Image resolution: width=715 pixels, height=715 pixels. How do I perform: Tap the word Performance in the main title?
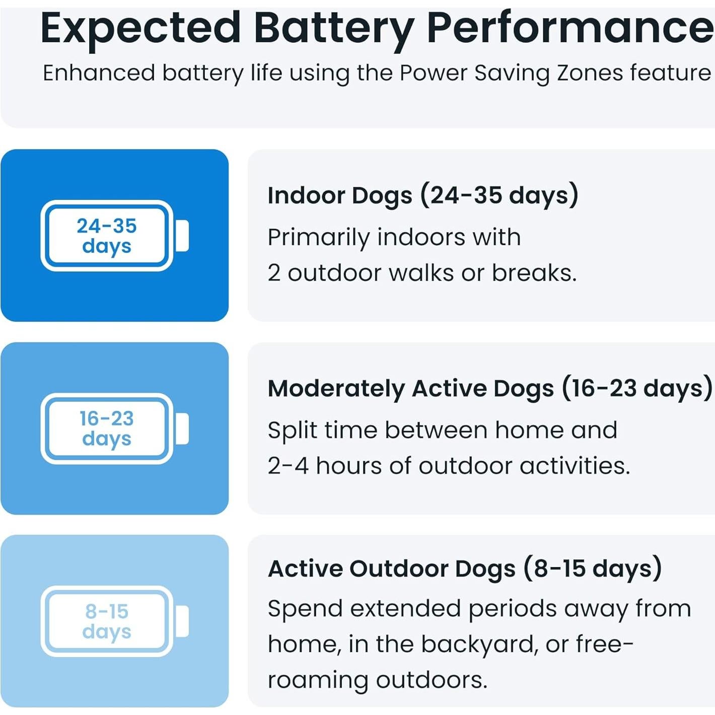tap(570, 29)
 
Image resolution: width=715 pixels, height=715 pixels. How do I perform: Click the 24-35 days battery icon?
tap(115, 236)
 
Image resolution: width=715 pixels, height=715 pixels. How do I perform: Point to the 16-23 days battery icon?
tap(115, 428)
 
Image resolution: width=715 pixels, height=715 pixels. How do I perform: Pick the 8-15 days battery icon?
tap(115, 621)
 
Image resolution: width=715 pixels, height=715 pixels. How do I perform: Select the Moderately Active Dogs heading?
tap(490, 389)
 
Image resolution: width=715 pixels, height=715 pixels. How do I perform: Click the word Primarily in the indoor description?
tap(319, 238)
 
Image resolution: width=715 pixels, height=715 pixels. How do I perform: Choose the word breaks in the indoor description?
tap(534, 273)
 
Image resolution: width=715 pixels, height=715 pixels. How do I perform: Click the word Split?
tap(293, 431)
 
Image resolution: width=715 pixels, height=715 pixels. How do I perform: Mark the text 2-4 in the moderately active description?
tap(289, 466)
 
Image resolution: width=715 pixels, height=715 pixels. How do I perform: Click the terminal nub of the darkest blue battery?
tap(182, 236)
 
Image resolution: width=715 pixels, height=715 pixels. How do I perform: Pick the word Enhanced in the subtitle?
tap(99, 73)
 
